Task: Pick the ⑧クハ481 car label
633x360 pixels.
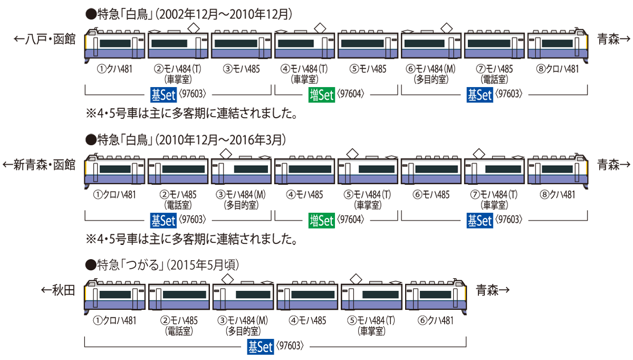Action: [x=557, y=194]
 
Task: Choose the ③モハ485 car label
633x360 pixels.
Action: [x=241, y=69]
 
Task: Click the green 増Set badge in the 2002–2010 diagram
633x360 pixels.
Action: [x=322, y=95]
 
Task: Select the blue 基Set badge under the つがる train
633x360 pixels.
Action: [x=260, y=347]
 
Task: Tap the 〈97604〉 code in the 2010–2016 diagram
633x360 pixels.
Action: [x=352, y=220]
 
